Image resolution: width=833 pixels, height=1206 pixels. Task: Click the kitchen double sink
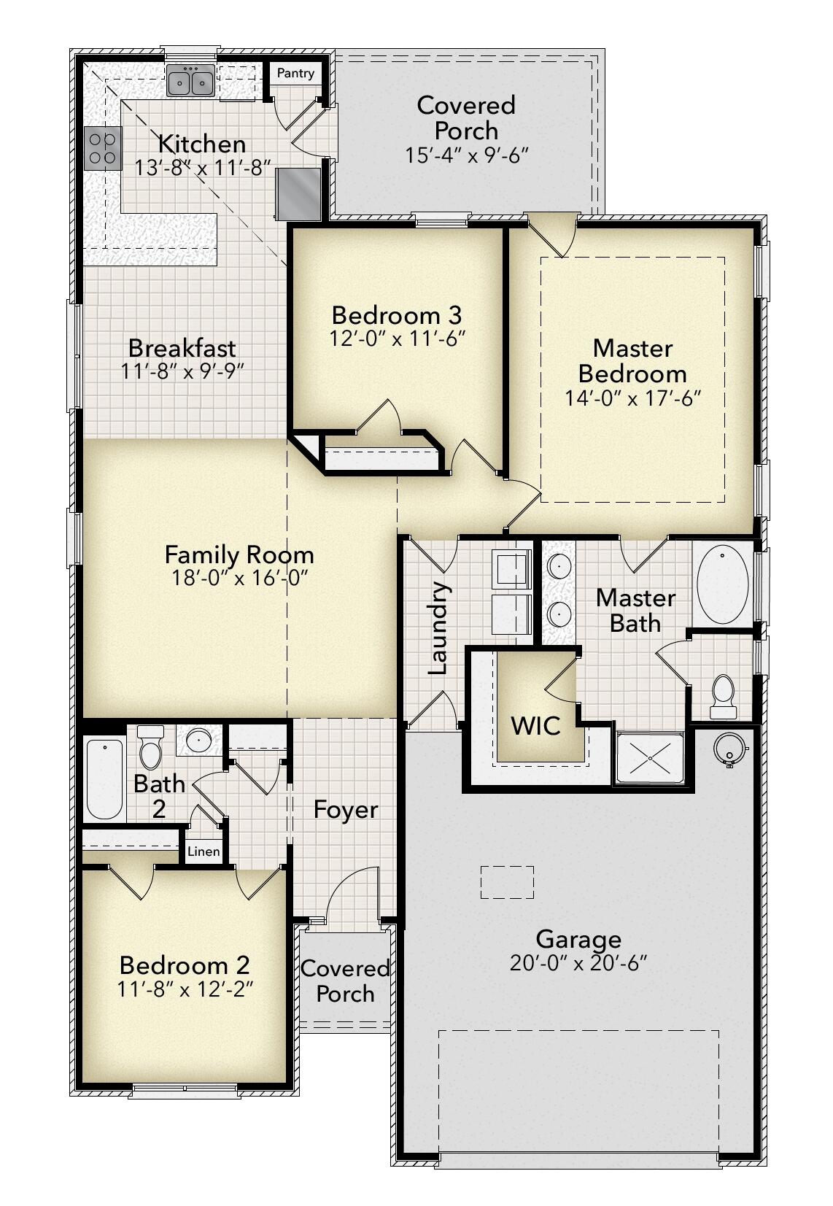[190, 81]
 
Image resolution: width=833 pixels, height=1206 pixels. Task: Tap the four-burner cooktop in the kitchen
[102, 149]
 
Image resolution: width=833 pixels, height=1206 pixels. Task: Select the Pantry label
[295, 73]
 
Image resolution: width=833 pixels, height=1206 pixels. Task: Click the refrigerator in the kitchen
[298, 193]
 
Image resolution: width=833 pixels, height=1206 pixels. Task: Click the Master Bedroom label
[632, 361]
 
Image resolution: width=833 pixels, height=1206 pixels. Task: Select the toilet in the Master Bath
[722, 693]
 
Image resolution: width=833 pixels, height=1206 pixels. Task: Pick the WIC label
[535, 725]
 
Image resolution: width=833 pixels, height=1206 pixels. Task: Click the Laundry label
[438, 627]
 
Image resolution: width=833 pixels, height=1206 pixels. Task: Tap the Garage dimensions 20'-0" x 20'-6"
[578, 963]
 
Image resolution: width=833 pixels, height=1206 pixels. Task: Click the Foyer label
[346, 810]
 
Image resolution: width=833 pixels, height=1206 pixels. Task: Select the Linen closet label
[204, 851]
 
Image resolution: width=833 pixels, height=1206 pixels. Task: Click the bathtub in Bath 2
[104, 779]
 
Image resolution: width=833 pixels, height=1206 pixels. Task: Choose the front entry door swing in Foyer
[354, 894]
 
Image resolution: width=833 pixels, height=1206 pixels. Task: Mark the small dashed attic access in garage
[507, 882]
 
